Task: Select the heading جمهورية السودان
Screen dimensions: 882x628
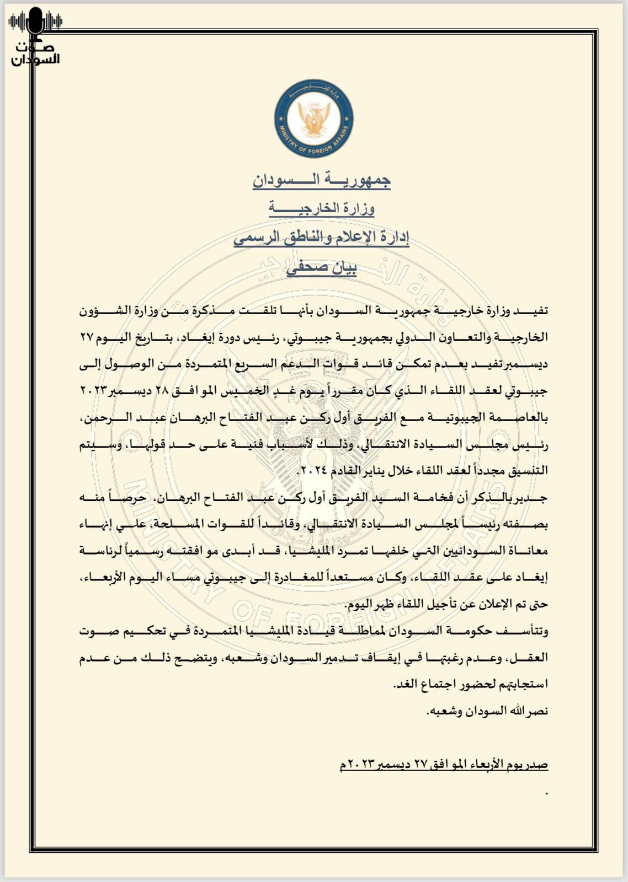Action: pos(321,180)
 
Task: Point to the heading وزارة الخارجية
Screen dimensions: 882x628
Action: pos(321,208)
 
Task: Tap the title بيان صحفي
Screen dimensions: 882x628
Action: pos(321,267)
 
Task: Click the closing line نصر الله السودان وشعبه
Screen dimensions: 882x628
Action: pos(487,711)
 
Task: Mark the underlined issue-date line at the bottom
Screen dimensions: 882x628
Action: pos(444,764)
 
